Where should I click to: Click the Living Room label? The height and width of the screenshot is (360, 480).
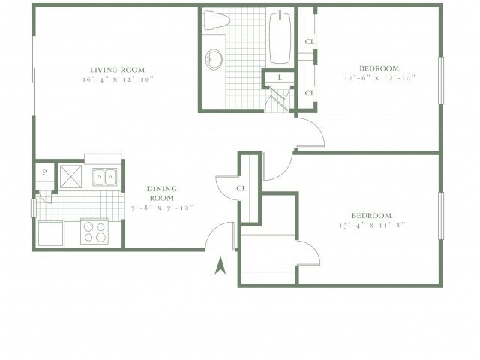118,70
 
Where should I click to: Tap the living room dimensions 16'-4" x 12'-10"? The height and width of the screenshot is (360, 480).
118,79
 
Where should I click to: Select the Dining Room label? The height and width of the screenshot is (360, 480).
162,193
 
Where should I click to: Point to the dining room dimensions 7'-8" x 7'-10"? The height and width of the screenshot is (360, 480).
162,208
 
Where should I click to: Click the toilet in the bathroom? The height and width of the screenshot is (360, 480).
217,20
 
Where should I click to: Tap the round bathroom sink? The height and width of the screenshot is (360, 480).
214,59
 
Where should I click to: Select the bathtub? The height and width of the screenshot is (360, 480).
280,37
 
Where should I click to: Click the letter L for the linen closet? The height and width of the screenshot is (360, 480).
280,77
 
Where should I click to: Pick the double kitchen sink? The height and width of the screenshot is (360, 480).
105,177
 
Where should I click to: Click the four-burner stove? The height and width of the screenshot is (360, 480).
94,232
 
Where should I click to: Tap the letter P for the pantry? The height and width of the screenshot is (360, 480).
45,172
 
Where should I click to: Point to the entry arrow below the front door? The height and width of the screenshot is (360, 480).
220,265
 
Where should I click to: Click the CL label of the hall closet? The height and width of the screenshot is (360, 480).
241,188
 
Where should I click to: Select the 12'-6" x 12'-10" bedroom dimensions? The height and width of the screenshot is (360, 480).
379,78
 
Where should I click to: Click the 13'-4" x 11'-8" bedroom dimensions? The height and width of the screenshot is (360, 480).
372,226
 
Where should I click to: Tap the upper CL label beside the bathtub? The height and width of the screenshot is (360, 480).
310,42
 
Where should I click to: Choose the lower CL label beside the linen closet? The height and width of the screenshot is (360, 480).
310,93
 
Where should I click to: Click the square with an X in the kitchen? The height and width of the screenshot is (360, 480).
70,177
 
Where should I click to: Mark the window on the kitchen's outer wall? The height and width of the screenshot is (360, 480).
34,208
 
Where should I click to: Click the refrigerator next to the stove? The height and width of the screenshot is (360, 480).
50,233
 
